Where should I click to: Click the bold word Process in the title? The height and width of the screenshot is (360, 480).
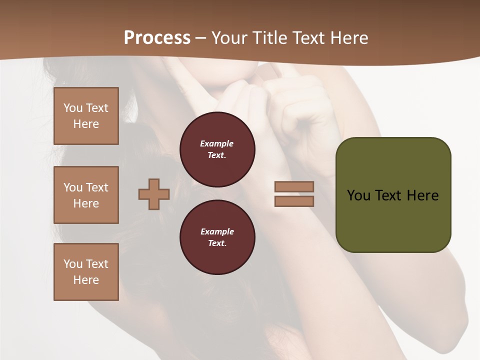coord(157,38)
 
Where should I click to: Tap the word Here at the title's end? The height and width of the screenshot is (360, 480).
coord(349,38)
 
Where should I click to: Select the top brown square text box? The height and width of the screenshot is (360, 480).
coord(86,116)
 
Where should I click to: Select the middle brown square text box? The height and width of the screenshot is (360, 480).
coord(86,195)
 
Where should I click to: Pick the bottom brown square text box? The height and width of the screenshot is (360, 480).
coord(86,272)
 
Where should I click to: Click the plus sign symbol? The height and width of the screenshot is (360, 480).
coord(154,194)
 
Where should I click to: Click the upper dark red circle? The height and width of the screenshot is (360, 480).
coord(217,149)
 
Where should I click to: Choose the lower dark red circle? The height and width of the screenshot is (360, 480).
coord(217,237)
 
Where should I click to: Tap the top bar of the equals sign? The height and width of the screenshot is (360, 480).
coord(294,186)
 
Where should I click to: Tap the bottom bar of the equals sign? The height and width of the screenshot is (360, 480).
coord(294,201)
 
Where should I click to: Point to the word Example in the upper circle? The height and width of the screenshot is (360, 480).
coord(216,143)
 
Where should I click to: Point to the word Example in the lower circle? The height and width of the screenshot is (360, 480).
coord(217,231)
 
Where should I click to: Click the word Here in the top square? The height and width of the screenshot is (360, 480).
coord(86,124)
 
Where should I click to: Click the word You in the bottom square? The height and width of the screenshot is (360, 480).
coord(73,264)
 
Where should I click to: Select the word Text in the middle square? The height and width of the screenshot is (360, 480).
coord(97,187)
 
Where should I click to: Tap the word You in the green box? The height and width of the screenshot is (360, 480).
coord(358,195)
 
